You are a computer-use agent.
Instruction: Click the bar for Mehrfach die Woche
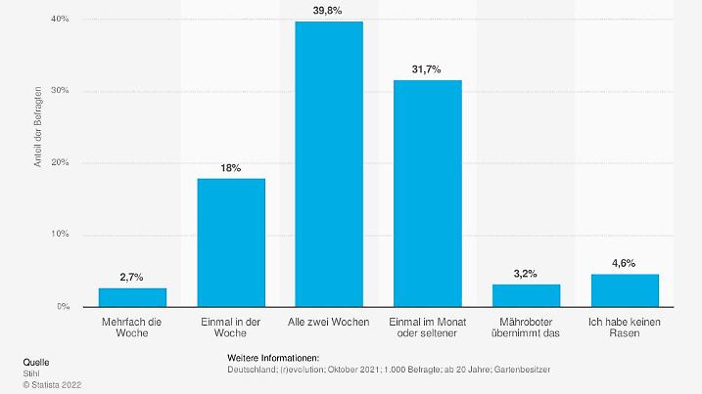[132, 297]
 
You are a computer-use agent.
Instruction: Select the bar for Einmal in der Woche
[231, 242]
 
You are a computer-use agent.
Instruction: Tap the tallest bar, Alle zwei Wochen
[329, 164]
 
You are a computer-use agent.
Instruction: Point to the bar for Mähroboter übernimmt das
[526, 295]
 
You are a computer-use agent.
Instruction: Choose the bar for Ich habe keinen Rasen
[625, 290]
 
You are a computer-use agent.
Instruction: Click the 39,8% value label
[329, 10]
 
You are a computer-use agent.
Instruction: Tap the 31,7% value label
[428, 68]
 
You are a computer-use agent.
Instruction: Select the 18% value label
[231, 167]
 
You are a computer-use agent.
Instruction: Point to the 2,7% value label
[132, 278]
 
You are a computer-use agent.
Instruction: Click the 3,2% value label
[526, 274]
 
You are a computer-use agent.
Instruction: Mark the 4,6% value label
[625, 263]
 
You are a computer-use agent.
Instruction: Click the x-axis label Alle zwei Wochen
[329, 320]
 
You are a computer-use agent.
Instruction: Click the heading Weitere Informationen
[273, 358]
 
